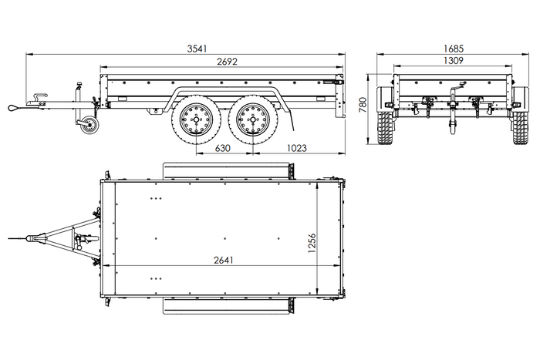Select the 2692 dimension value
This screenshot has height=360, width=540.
(226, 61)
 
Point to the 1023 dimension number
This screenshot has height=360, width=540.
(299, 147)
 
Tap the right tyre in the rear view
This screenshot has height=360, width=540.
(521, 128)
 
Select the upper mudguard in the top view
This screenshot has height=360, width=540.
(228, 168)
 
